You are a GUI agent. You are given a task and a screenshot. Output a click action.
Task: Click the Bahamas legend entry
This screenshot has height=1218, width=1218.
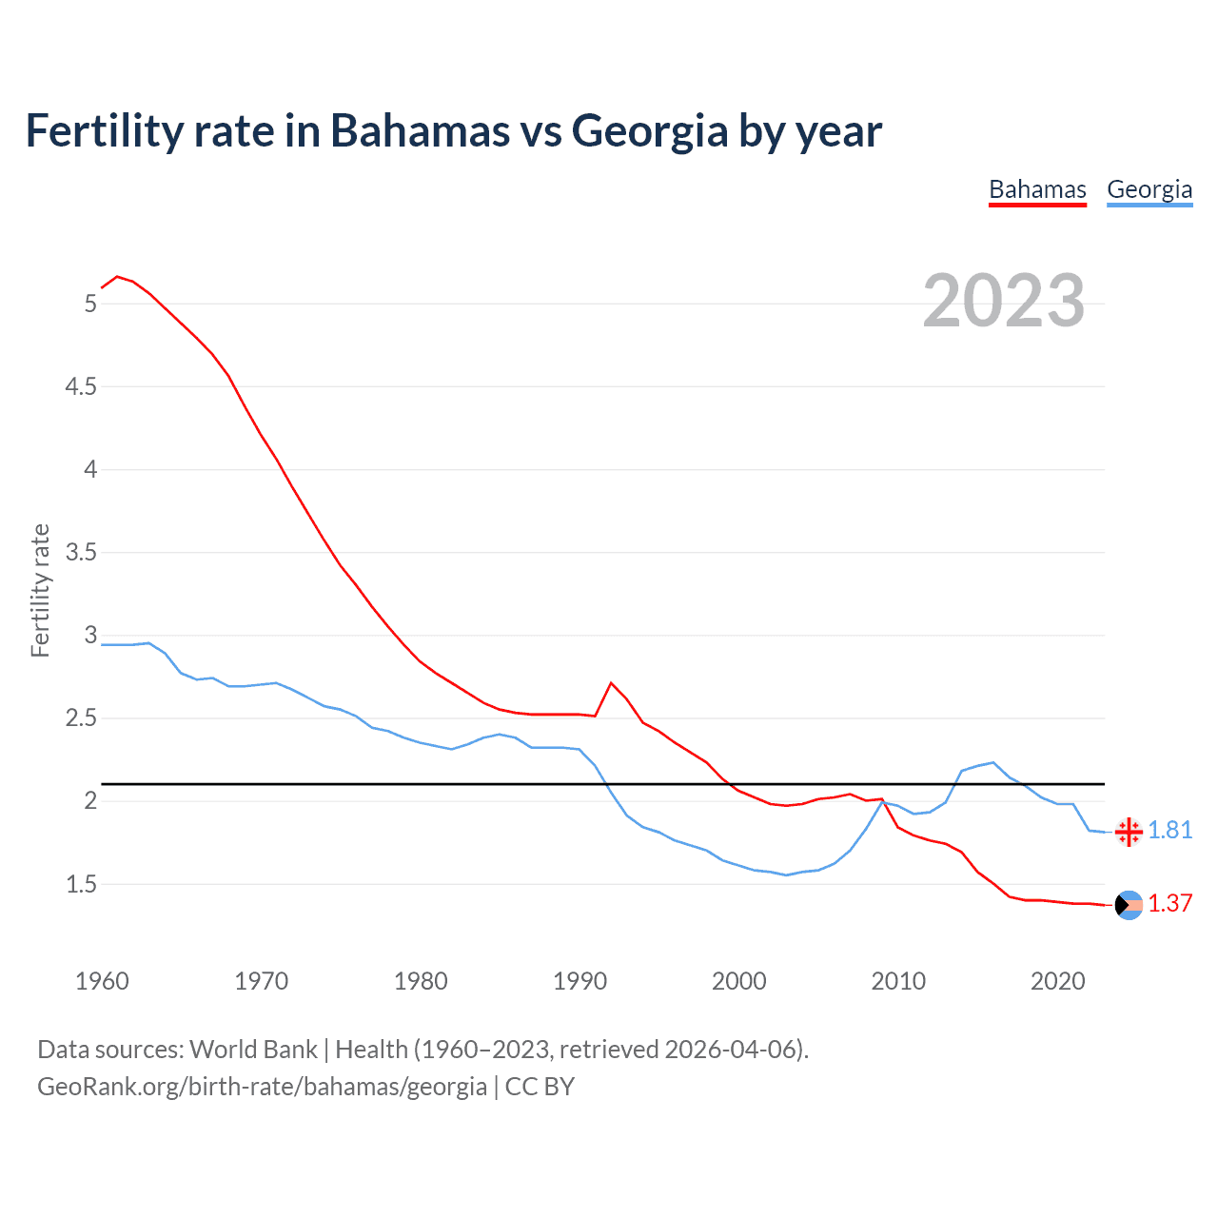coord(1037,190)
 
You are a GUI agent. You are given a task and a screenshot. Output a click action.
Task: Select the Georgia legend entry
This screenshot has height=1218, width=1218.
coord(1149,190)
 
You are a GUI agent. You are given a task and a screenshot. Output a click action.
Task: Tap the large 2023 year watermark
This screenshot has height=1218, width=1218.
coord(1003,301)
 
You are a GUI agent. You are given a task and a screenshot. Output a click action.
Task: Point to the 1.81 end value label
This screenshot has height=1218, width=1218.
coord(1169,831)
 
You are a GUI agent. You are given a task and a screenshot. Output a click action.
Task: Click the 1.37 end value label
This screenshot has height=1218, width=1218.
coord(1169,904)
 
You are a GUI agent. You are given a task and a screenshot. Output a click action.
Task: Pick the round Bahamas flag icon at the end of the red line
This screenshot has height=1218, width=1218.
coord(1129,905)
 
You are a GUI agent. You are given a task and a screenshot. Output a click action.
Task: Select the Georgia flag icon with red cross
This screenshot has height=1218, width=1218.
coord(1129,832)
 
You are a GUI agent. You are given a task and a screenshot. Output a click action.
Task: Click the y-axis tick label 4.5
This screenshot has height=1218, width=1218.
coord(81,386)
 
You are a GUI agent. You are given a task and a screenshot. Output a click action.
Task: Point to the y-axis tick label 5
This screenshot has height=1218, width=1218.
coord(90,304)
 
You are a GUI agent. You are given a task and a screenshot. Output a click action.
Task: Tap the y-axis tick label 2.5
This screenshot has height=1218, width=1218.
coord(81,718)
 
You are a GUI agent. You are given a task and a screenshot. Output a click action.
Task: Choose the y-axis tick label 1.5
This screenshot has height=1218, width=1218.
coord(81,884)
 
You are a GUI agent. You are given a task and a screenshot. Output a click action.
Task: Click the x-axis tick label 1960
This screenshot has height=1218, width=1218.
coord(102,981)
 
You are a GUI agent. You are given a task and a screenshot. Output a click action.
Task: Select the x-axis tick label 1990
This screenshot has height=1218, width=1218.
coord(580,981)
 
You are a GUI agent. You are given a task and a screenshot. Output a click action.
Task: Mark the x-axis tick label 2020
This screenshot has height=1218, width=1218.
coord(1057,981)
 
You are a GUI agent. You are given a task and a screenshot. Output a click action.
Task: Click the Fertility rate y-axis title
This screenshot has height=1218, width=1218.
coord(40,590)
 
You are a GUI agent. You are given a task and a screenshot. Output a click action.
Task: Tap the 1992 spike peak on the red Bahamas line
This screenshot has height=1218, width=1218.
coord(611,683)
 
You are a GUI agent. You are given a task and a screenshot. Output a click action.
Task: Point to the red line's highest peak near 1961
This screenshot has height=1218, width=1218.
coord(117,277)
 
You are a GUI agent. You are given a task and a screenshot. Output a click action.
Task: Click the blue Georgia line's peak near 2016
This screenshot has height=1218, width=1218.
coord(993,762)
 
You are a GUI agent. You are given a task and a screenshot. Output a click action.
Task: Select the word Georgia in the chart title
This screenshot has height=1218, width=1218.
coord(649,131)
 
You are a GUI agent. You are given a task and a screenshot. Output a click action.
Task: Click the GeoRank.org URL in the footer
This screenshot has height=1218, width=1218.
coord(262,1087)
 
